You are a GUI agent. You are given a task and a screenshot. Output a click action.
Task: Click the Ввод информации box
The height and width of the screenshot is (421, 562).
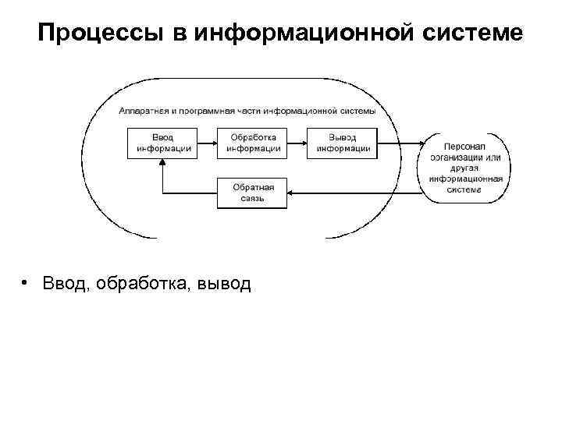162,143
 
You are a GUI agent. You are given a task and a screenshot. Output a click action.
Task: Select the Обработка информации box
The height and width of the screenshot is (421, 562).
252,143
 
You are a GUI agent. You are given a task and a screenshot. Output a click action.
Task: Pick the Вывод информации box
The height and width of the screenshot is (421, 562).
342,143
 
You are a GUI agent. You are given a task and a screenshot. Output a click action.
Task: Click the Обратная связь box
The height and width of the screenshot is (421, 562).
252,193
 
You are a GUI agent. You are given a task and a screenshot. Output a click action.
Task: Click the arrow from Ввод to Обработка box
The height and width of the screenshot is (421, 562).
206,143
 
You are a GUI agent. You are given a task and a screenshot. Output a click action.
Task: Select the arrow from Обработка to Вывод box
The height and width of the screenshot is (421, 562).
297,143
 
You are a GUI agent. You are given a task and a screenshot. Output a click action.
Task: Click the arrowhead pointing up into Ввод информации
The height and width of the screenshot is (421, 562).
162,164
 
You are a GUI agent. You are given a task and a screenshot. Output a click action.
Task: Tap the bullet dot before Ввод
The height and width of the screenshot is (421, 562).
26,282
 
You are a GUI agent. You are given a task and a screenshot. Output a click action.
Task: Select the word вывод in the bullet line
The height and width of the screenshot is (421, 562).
225,283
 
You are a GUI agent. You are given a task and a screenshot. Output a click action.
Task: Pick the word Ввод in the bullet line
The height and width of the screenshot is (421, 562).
66,283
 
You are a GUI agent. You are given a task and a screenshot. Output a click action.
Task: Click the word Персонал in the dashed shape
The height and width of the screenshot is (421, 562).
464,147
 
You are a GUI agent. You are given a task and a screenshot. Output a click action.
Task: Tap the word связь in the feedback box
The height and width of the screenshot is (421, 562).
252,199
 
